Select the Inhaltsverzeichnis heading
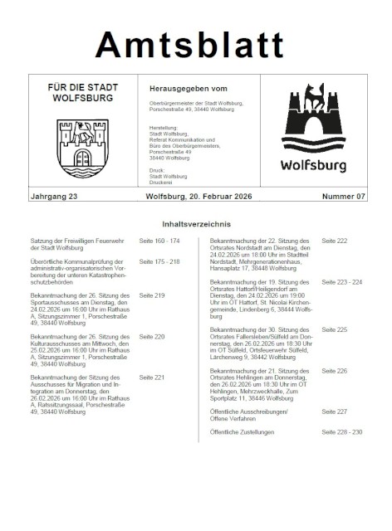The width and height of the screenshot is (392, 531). click(196, 224)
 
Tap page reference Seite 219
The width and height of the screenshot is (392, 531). click(152, 295)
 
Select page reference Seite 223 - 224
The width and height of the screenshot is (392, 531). click(341, 282)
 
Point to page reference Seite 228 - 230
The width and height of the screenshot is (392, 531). click(341, 432)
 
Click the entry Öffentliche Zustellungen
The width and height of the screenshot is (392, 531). click(247, 432)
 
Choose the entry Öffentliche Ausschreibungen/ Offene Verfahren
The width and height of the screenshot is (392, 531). click(249, 415)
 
